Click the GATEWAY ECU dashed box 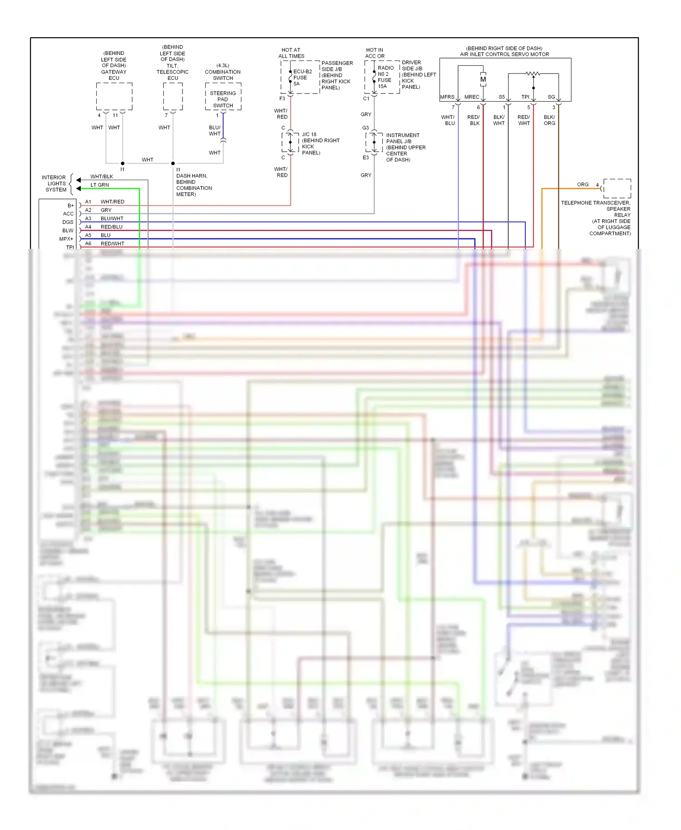click(114, 96)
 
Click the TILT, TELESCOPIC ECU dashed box click(173, 96)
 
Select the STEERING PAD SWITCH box click(223, 99)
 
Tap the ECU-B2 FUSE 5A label click(302, 78)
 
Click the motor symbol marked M click(483, 79)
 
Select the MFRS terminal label click(447, 97)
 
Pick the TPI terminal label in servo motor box click(525, 97)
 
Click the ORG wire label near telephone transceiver click(582, 184)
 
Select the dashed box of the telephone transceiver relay click(617, 188)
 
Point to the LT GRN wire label click(99, 185)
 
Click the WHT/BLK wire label click(101, 177)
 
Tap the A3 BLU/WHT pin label click(104, 218)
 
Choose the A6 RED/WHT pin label click(104, 244)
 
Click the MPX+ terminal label click(66, 239)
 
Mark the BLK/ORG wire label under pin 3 click(549, 120)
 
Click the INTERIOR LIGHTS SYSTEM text click(54, 183)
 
